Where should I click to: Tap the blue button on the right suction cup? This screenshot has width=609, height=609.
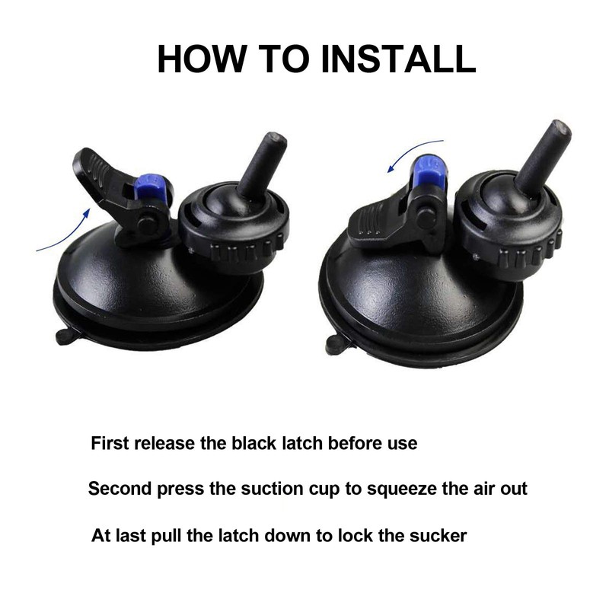426,168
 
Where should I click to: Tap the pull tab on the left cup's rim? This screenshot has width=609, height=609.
64,335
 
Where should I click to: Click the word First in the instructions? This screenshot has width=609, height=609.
111,443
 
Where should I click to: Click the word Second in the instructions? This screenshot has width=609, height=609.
119,489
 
